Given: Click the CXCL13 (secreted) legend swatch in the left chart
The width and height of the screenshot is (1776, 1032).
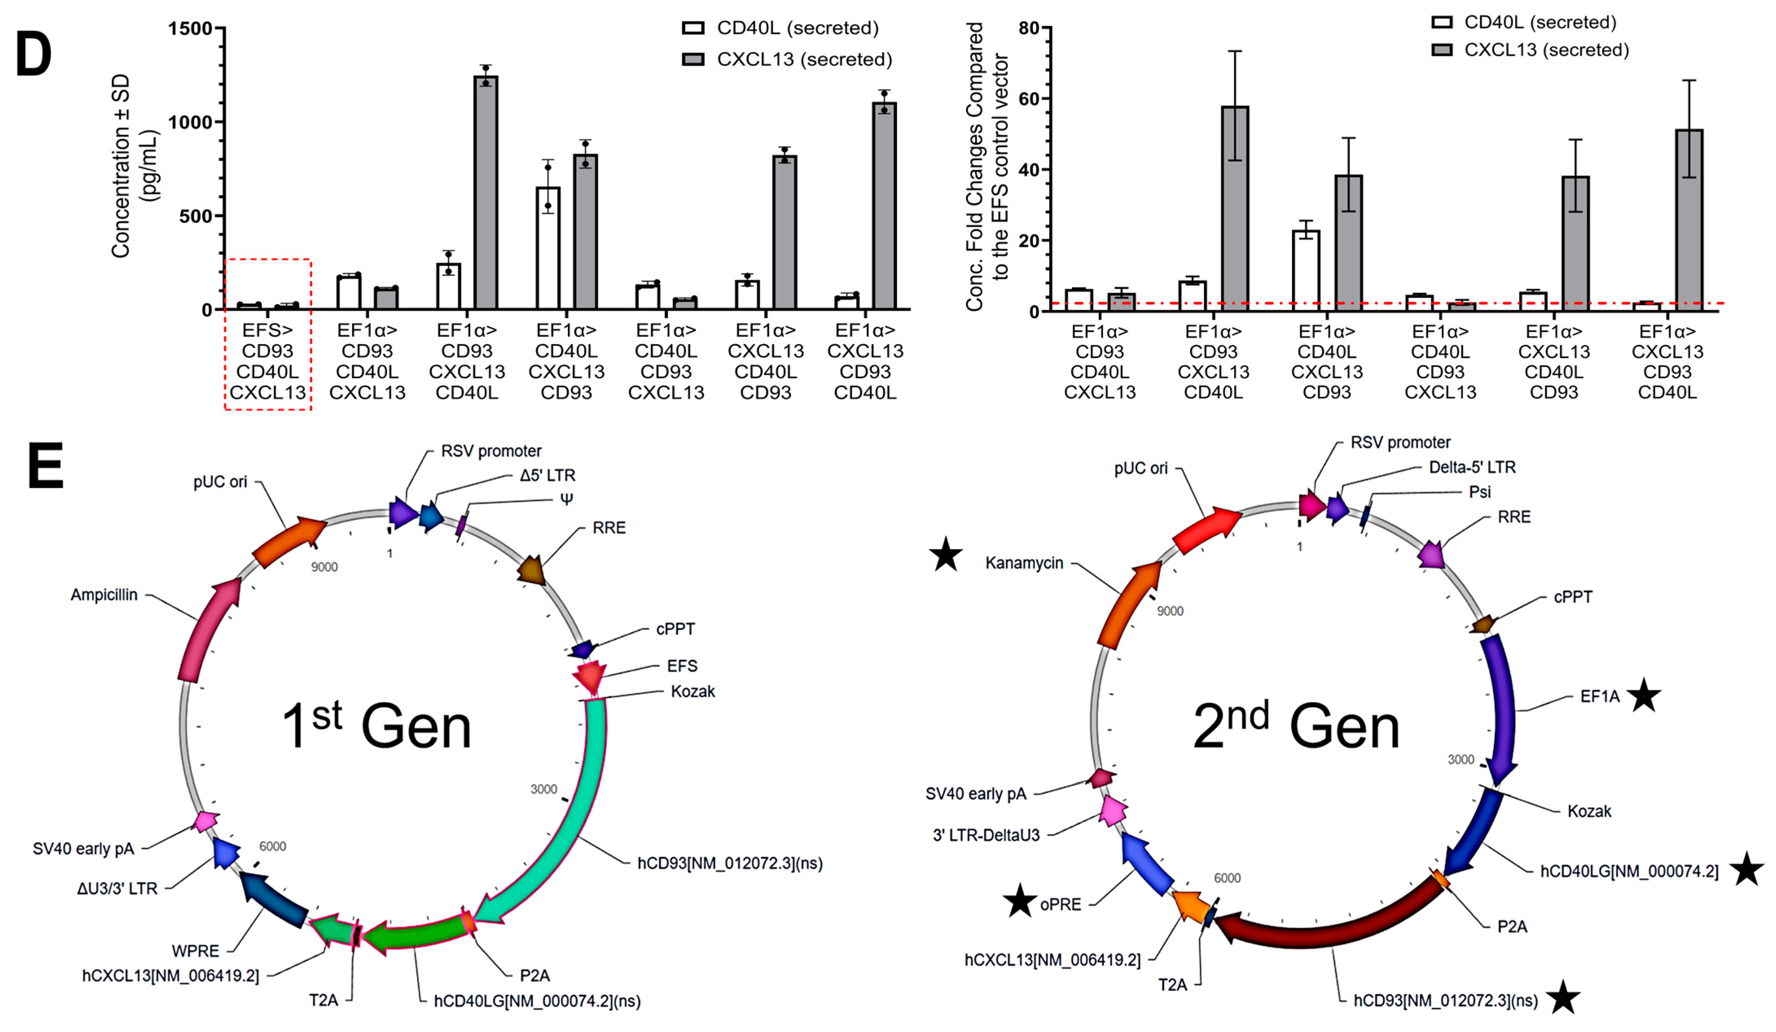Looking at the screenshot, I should coord(693,59).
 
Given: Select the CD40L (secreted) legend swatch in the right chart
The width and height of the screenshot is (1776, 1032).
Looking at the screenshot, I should coord(1442,22).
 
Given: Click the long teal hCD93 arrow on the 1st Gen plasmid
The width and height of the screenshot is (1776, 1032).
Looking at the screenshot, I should coord(578,811).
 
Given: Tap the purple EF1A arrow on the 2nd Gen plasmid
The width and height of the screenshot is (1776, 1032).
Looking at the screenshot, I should coord(1502,712).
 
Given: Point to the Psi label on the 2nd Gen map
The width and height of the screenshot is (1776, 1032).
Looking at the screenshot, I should coord(1479,491).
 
